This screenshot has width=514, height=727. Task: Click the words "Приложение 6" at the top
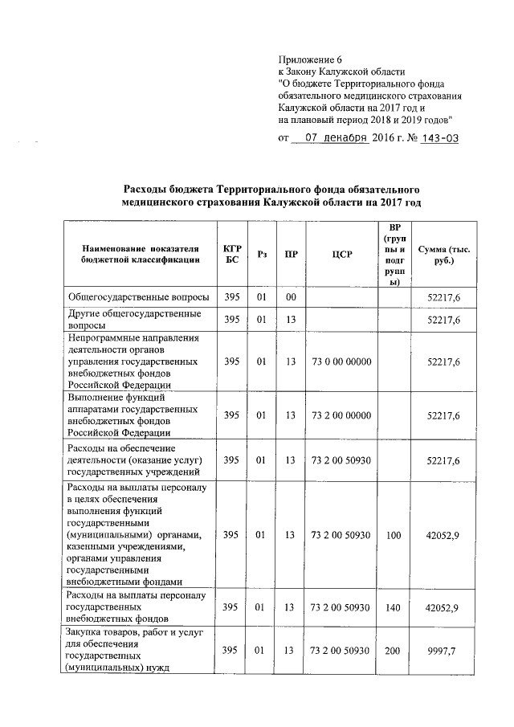click(x=310, y=59)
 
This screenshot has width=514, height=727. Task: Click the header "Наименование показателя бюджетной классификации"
click(x=140, y=254)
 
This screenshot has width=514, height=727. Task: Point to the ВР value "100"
click(x=393, y=534)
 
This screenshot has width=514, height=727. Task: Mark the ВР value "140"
click(x=393, y=608)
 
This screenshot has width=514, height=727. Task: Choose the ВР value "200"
click(x=393, y=650)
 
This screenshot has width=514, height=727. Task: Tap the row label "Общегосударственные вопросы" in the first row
click(x=139, y=297)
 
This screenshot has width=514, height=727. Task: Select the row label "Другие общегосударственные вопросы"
click(x=133, y=320)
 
